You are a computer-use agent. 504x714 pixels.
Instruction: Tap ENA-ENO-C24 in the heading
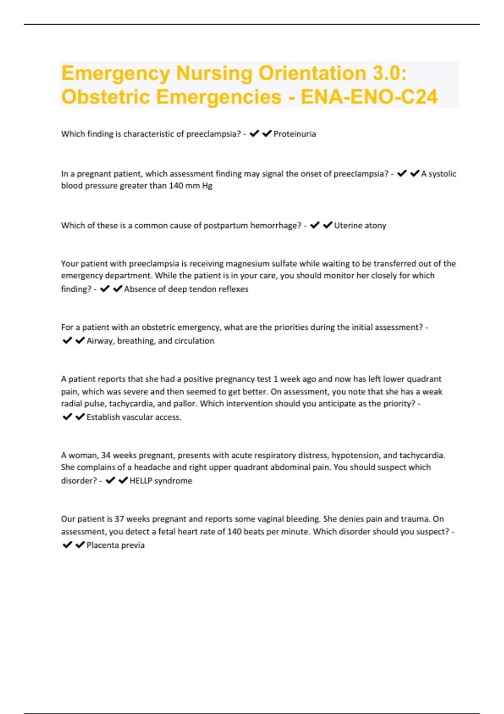click(369, 97)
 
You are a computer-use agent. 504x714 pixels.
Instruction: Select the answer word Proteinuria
click(294, 134)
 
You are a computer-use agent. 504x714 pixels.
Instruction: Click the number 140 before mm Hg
click(176, 186)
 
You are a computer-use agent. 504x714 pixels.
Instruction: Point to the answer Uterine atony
click(360, 226)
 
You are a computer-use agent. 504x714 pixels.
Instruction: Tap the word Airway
click(100, 341)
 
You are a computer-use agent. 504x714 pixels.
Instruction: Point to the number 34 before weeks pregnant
click(106, 455)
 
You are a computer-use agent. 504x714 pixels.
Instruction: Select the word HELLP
click(141, 481)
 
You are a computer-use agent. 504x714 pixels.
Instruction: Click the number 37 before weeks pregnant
click(119, 519)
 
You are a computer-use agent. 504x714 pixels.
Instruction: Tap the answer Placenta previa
click(115, 545)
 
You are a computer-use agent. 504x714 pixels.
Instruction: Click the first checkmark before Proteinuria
click(254, 134)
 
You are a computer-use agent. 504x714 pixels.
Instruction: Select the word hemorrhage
click(275, 226)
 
